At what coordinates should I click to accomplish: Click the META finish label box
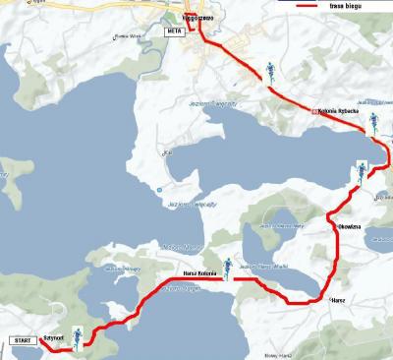175,31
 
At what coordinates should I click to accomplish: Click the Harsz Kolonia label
200,272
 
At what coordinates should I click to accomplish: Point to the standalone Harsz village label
338,299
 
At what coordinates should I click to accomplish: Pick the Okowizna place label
351,227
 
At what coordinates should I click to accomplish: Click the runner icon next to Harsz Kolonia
228,267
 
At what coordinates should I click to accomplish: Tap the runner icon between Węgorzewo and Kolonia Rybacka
269,71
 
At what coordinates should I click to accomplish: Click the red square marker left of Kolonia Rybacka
315,111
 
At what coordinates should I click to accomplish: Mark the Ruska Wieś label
130,36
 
